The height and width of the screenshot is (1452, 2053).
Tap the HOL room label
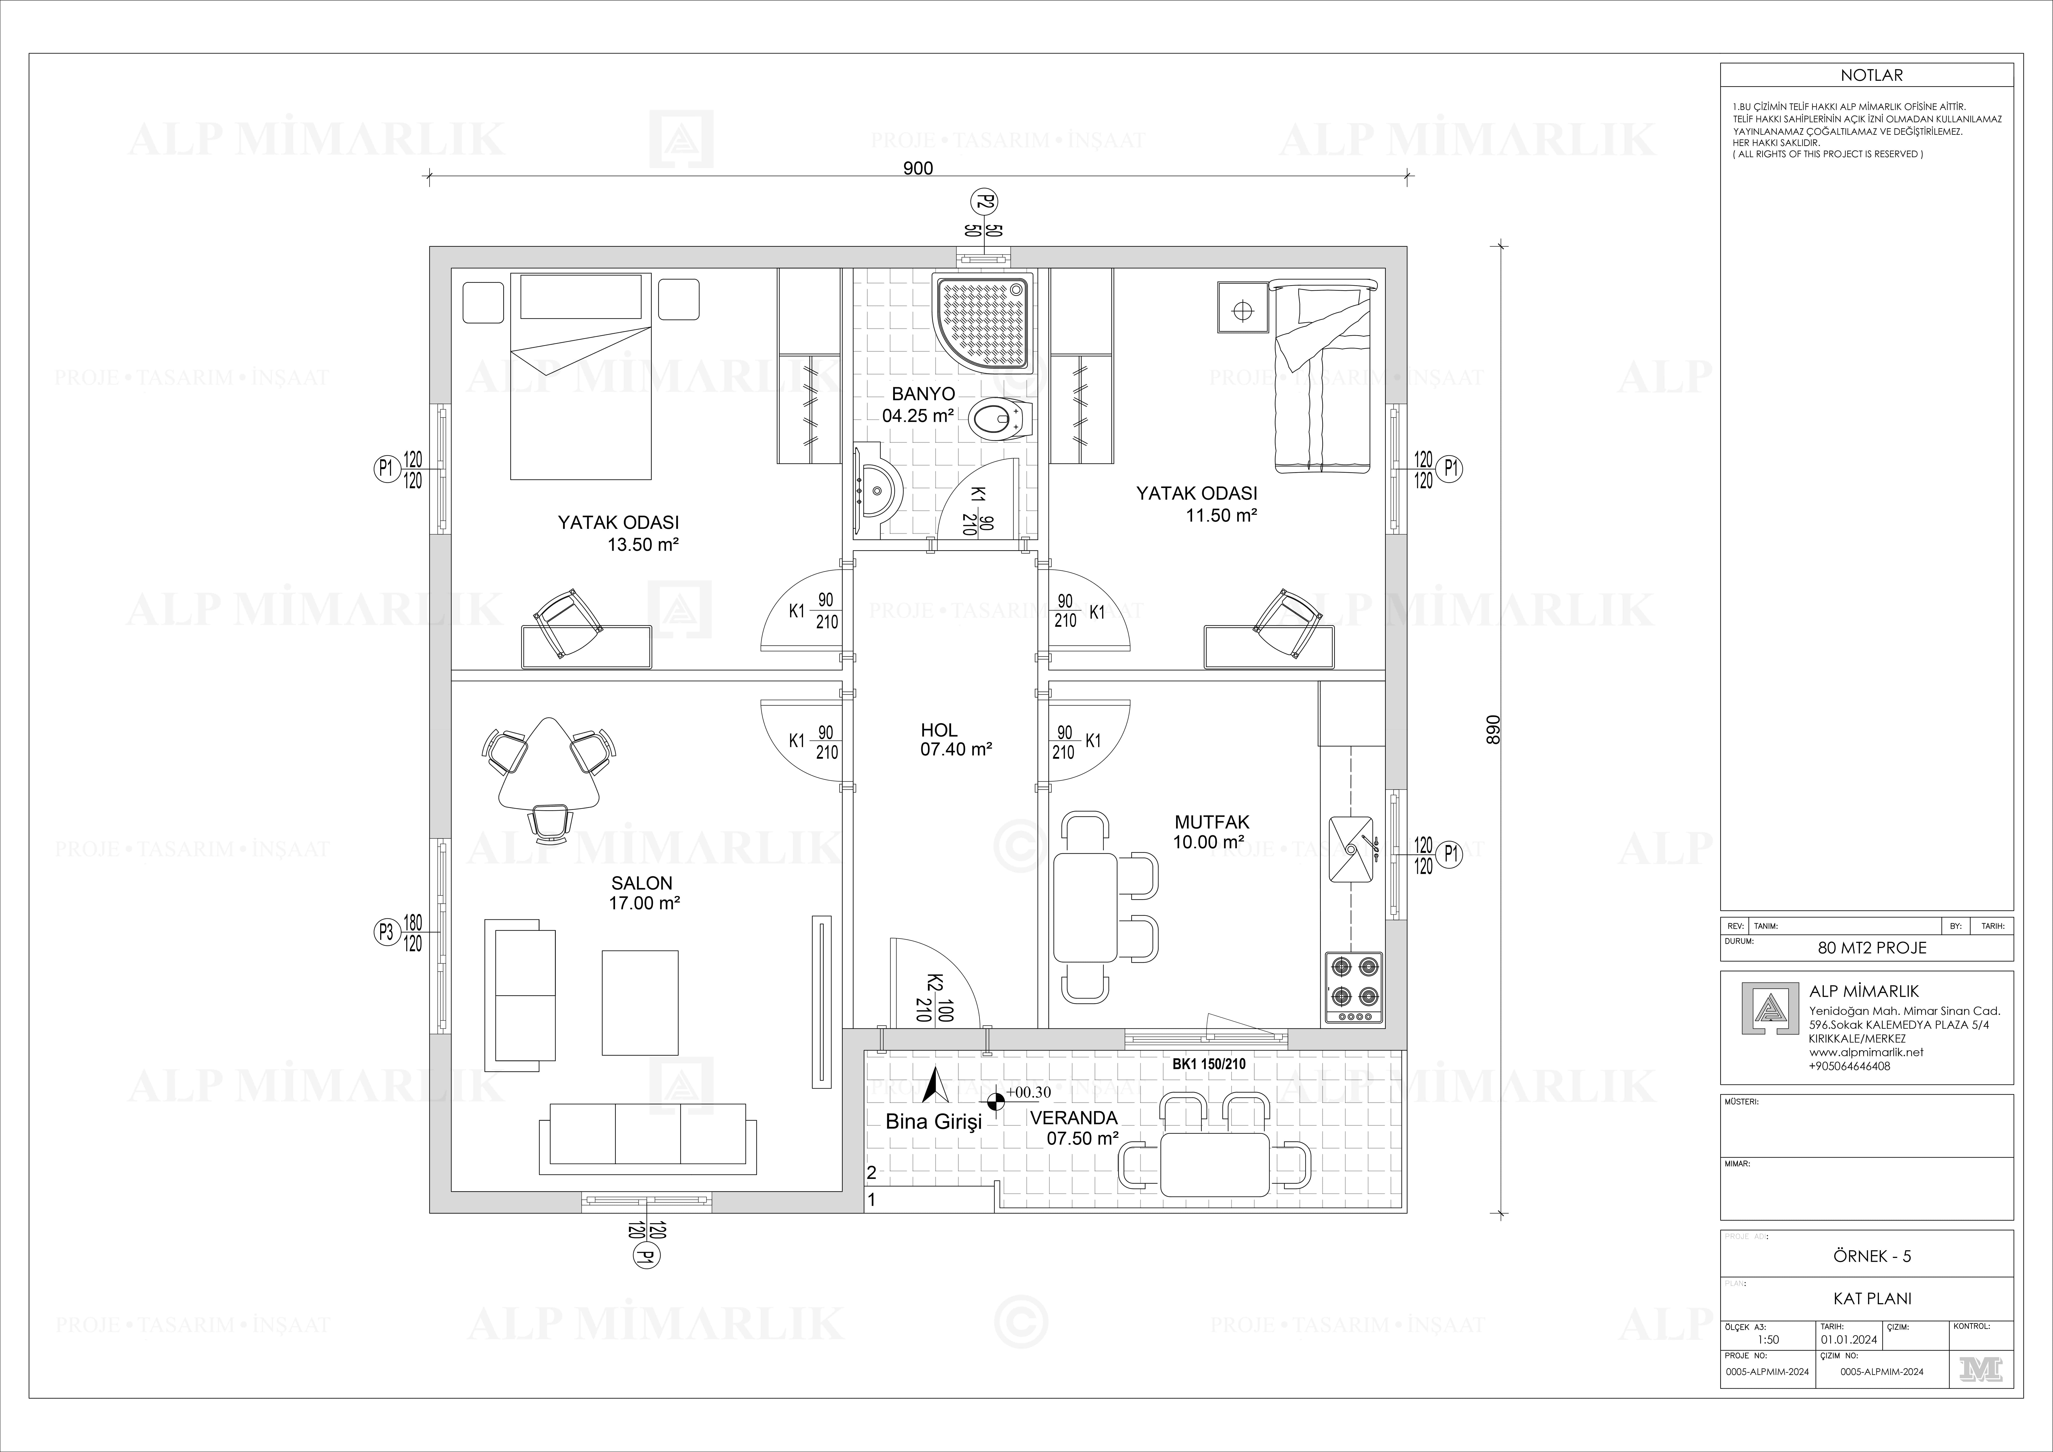pyautogui.click(x=939, y=730)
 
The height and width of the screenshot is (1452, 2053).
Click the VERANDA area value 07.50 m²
pyautogui.click(x=1083, y=1138)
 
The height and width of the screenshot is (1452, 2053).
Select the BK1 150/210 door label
pyautogui.click(x=1209, y=1064)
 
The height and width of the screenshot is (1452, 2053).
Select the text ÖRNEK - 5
pyautogui.click(x=1871, y=1256)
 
